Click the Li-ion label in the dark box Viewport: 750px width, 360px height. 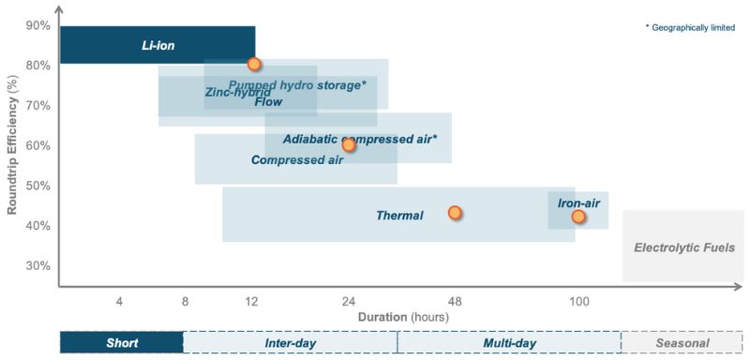point(153,45)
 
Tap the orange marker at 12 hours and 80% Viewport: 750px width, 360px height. point(254,65)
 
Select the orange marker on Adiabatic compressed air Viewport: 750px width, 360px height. point(349,144)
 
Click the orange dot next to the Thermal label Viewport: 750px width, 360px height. point(455,213)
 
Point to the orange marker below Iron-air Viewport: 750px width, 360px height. point(578,217)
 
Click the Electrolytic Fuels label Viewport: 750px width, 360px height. point(683,247)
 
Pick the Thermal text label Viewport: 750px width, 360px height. point(399,216)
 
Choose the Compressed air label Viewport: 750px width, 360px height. point(297,160)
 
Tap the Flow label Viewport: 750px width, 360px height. point(268,102)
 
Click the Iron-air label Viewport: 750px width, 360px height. point(578,202)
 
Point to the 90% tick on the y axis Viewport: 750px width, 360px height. point(38,25)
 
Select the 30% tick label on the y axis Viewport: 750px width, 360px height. point(38,265)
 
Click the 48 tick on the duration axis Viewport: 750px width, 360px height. point(455,301)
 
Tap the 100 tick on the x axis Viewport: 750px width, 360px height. point(579,301)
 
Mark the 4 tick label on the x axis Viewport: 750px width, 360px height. point(119,301)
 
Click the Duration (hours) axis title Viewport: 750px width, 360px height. point(403,317)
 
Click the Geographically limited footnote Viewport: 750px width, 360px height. point(690,28)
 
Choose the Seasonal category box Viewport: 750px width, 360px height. point(682,343)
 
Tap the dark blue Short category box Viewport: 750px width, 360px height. point(122,343)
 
